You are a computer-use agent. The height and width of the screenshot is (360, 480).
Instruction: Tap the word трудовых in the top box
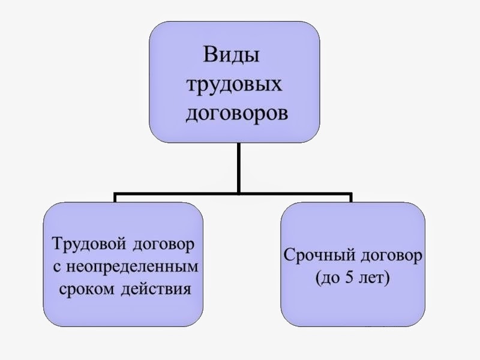[235, 85]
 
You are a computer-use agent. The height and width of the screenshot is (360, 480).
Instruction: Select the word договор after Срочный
[392, 257]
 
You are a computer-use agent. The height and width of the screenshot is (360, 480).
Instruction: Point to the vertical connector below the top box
[239, 168]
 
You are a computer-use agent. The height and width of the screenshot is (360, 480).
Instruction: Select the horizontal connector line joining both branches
[180, 194]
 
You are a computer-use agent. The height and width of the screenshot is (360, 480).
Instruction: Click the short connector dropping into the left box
[115, 199]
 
